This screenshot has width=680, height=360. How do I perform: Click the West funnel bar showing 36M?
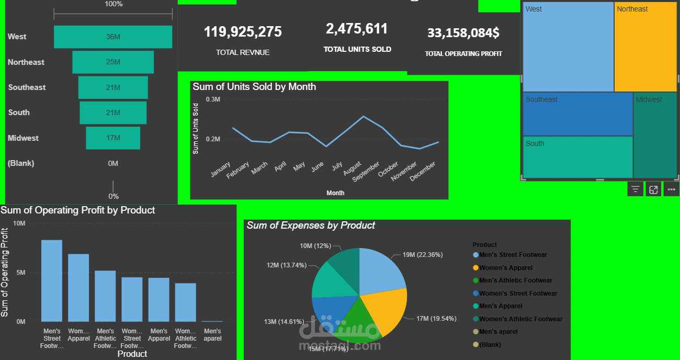tap(113, 37)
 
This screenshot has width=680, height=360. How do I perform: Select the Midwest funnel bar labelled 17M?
tap(113, 138)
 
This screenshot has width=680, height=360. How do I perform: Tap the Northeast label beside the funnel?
tap(26, 62)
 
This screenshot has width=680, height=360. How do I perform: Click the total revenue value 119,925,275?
tap(243, 32)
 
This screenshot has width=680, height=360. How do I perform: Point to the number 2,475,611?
tap(357, 29)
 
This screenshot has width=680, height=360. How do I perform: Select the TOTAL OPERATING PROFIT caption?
tap(463, 53)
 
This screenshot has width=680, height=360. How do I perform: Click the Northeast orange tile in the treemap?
tap(645, 47)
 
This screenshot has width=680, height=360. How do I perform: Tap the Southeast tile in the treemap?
tap(577, 114)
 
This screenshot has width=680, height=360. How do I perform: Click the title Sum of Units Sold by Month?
tap(254, 87)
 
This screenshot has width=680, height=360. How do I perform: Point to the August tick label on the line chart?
tap(352, 169)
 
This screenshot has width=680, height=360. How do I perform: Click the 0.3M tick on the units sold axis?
tap(213, 99)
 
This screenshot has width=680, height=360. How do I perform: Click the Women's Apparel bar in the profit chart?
tap(78, 288)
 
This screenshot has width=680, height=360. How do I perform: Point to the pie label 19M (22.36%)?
tap(423, 255)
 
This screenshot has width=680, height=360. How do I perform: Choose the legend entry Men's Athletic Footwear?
tap(515, 280)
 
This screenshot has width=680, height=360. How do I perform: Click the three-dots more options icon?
tap(672, 190)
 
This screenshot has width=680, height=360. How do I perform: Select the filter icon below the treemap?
tap(635, 190)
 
